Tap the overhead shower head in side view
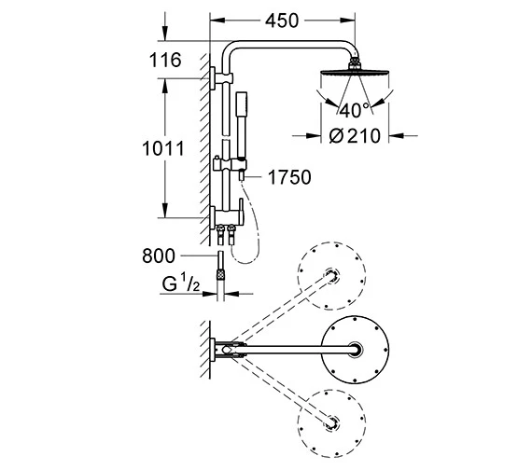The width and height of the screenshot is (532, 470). pyautogui.click(x=356, y=73)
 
